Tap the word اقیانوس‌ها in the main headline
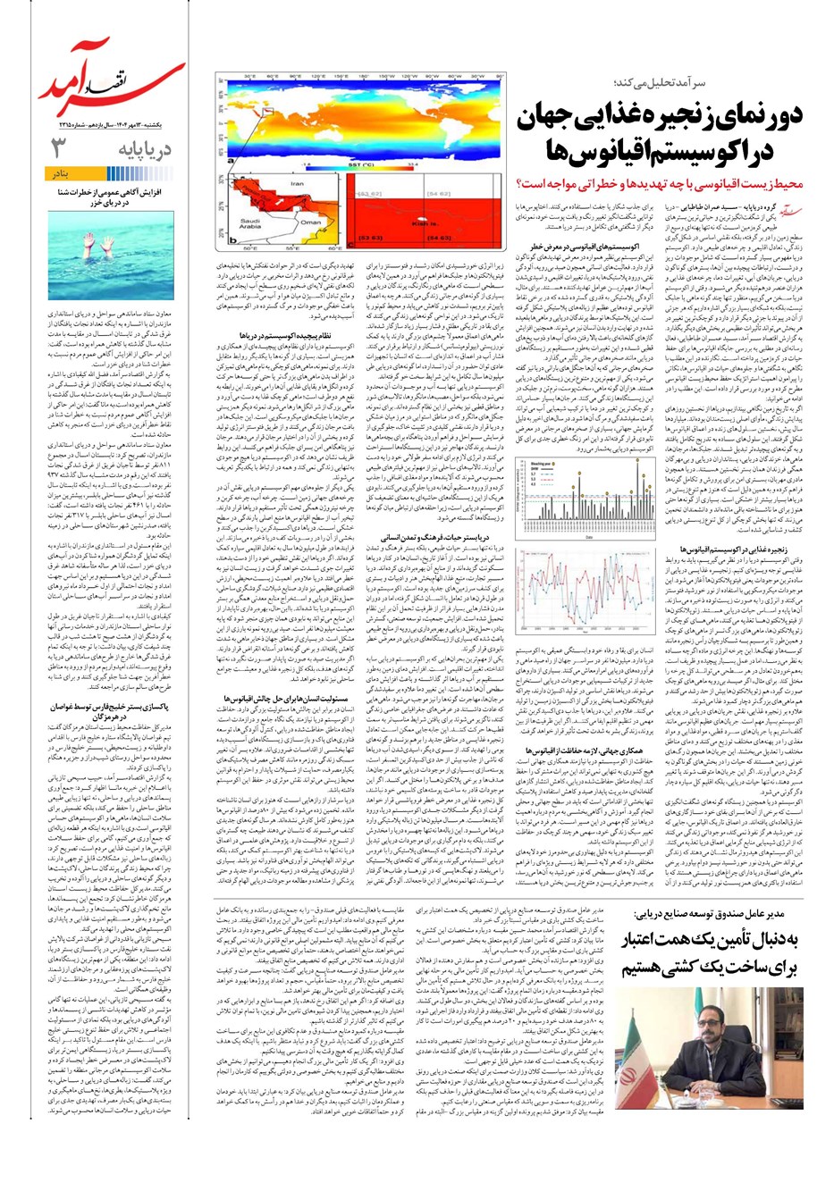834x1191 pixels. pyautogui.click(x=591, y=153)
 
